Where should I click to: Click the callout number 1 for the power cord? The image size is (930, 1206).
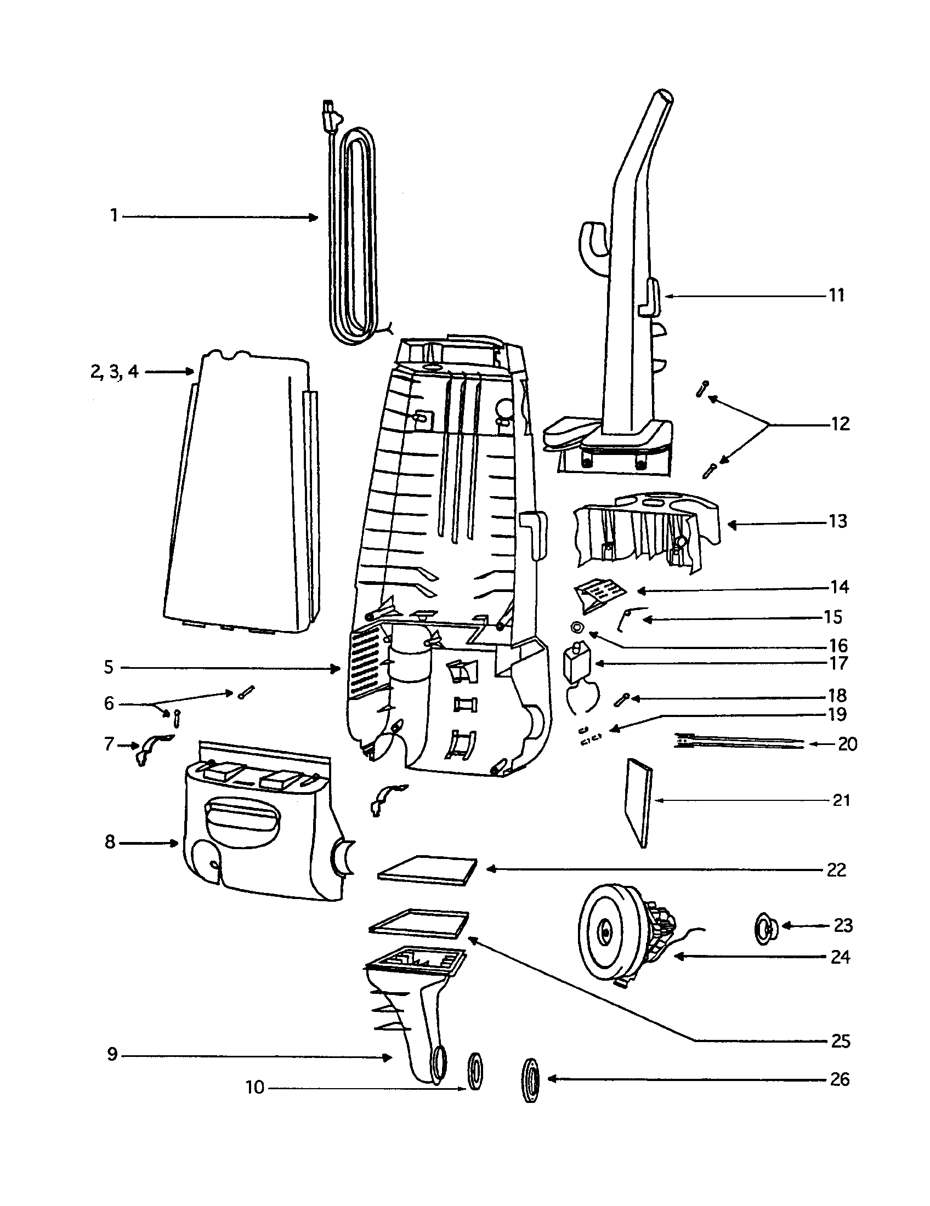(x=114, y=215)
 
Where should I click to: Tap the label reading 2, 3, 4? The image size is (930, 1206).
(x=114, y=372)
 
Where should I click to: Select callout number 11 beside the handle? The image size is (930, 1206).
(x=837, y=295)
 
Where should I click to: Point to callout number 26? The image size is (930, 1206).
(x=840, y=1079)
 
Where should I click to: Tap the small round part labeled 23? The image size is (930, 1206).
(x=766, y=926)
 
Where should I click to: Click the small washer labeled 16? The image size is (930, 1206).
(x=577, y=626)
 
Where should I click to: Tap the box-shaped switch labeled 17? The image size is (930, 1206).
(x=575, y=663)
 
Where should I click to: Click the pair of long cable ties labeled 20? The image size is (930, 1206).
(x=738, y=741)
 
